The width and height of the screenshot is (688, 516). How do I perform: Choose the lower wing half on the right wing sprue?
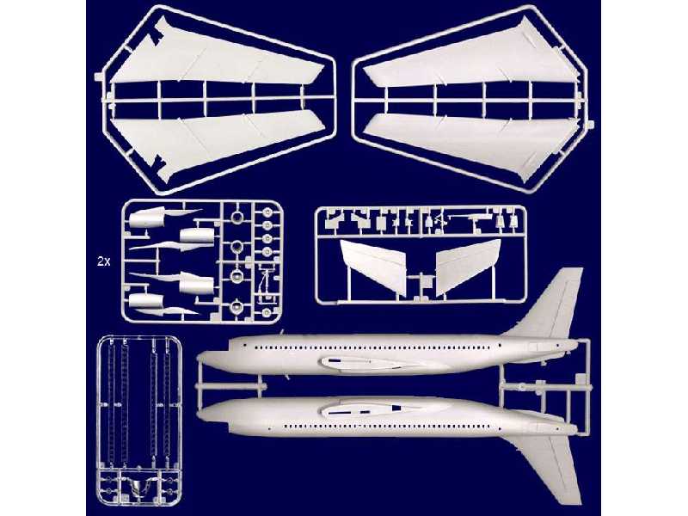(x=469, y=138)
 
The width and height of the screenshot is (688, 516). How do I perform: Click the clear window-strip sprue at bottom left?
(x=137, y=413)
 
